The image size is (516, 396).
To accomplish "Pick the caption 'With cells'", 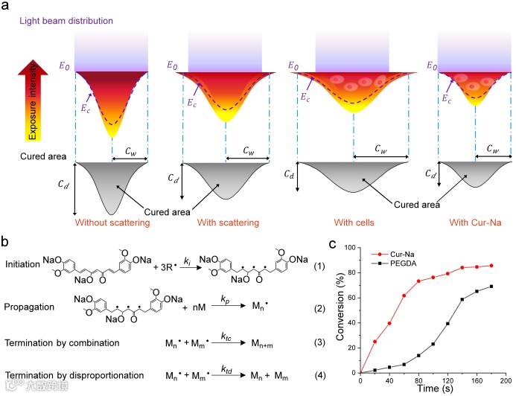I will click(353, 222).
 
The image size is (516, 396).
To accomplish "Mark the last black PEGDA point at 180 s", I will click(492, 287).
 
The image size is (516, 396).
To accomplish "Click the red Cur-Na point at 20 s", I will click(375, 342).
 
